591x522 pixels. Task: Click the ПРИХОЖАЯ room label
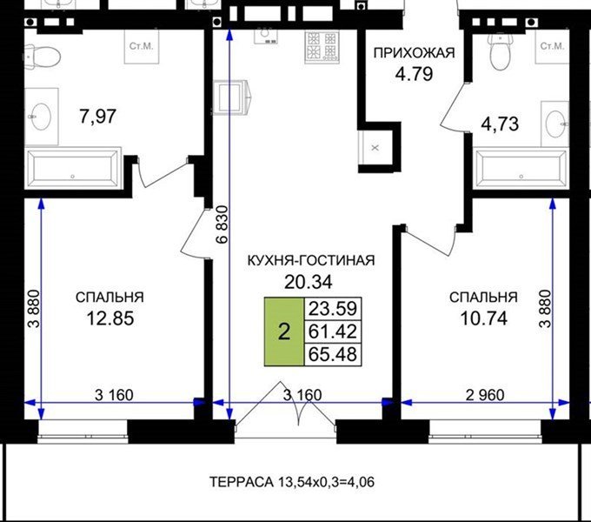[x=414, y=53]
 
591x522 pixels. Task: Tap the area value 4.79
[x=414, y=74]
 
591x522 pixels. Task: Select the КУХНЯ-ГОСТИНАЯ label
[x=311, y=260]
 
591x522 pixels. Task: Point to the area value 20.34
[x=309, y=282]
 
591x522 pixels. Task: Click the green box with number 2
[x=284, y=331]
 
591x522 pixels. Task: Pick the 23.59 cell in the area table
[x=332, y=309]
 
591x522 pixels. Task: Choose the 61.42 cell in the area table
[x=332, y=331]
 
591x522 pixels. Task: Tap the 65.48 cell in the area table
[x=332, y=354]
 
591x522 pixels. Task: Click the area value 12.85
[x=110, y=318]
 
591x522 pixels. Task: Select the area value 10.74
[x=483, y=318]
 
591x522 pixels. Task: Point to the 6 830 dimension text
[x=223, y=224]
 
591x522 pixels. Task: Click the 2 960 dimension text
[x=485, y=395]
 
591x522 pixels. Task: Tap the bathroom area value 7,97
[x=98, y=116]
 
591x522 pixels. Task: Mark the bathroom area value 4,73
[x=500, y=124]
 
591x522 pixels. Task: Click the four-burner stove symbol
[x=321, y=47]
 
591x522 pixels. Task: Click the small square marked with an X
[x=375, y=148]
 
